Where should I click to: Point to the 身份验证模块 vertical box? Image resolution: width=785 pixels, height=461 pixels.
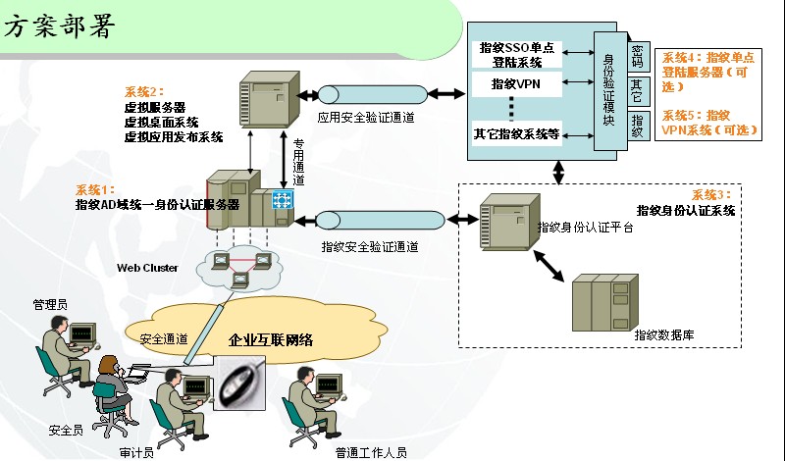click(608, 91)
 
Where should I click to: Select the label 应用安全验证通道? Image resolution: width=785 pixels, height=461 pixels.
click(365, 118)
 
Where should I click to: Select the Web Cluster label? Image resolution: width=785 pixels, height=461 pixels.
click(147, 267)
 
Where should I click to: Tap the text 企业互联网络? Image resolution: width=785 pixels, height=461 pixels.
click(271, 340)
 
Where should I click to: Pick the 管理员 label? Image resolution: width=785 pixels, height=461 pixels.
click(49, 305)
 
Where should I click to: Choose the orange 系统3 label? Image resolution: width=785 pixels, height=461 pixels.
click(711, 194)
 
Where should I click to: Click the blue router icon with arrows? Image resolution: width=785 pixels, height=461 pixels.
click(283, 201)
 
